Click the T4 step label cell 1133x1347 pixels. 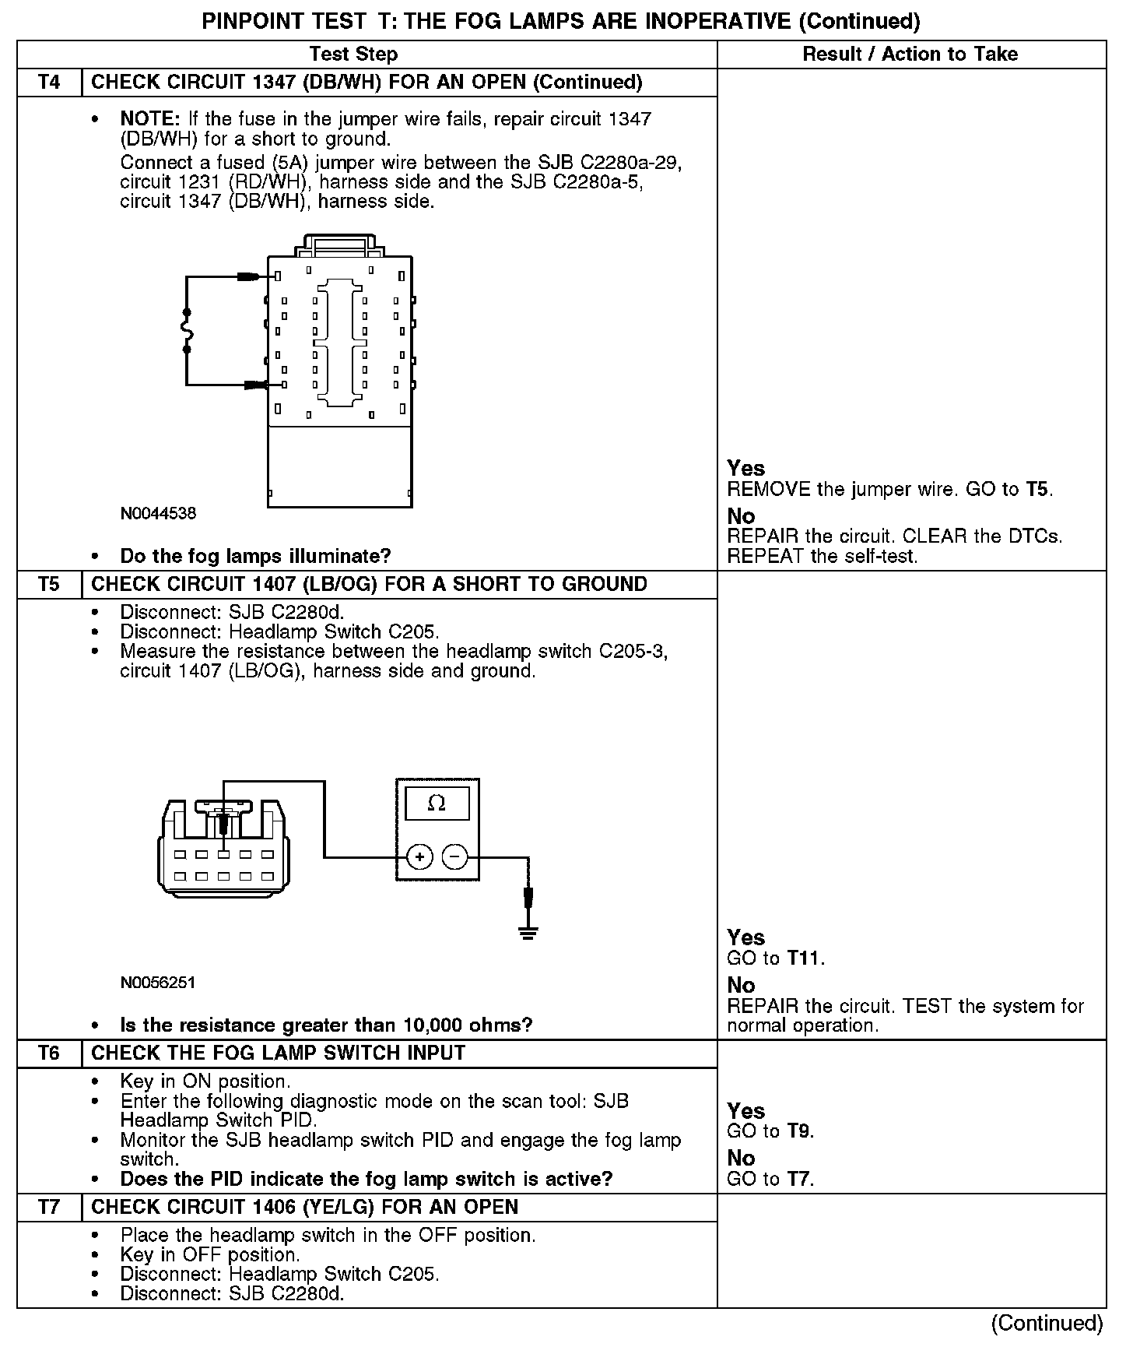click(49, 83)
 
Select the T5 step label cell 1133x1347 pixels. click(49, 585)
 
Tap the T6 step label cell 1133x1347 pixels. click(49, 1053)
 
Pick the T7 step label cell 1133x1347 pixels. click(49, 1208)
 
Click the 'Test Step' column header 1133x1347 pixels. click(353, 55)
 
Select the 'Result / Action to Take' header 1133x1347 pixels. click(910, 55)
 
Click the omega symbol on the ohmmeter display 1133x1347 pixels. click(437, 804)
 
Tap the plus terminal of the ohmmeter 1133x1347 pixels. click(419, 858)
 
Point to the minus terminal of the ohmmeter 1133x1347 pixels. click(454, 858)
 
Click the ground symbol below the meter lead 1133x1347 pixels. click(528, 932)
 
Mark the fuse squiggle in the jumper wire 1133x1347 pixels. click(187, 331)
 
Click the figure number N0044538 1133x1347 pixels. click(158, 514)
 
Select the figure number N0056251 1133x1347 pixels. click(158, 983)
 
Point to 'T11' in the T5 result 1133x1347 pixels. click(804, 958)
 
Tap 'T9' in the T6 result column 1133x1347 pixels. click(798, 1131)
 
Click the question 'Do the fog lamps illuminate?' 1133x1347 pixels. click(255, 556)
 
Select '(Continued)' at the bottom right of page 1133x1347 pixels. click(1047, 1324)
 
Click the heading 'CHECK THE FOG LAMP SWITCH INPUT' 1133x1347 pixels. click(279, 1053)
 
